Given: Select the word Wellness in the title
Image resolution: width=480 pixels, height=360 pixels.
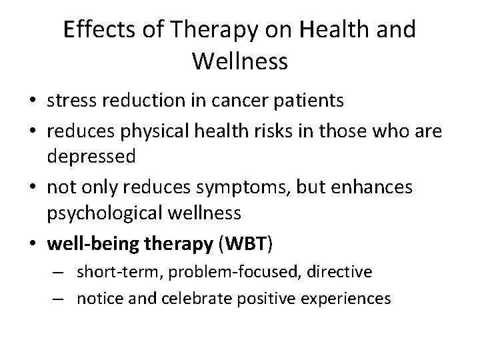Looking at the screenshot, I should click(x=240, y=62).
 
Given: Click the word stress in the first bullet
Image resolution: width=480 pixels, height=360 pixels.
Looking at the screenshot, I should click(x=69, y=101).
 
